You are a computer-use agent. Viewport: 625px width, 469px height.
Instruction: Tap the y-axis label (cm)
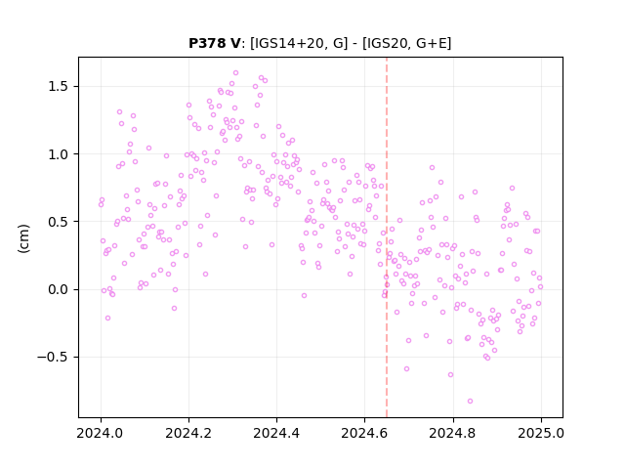tap(23, 238)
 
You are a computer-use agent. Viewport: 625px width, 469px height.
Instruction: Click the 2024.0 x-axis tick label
tap(101, 433)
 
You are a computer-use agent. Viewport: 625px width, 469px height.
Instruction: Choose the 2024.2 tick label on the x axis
tap(188, 433)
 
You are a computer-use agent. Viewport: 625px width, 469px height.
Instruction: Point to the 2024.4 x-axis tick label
tap(276, 433)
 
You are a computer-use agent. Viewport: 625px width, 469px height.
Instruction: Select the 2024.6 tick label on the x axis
tap(364, 433)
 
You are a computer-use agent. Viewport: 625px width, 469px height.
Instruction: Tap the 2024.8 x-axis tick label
tap(453, 433)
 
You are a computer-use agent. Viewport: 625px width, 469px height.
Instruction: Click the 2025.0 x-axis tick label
tap(541, 433)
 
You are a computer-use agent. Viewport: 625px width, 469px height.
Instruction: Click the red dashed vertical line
tap(387, 237)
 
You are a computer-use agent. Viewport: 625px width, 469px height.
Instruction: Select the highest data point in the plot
tap(235, 73)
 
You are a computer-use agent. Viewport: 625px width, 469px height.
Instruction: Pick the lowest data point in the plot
tap(470, 401)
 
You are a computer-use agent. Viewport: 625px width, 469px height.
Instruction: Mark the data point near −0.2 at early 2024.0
tap(107, 318)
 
